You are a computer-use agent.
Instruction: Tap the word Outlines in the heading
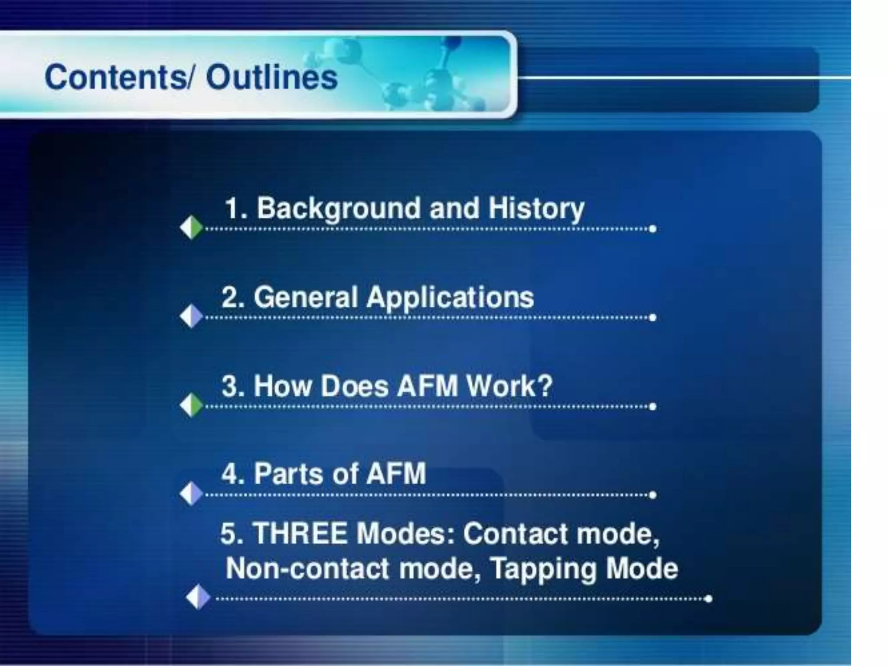[272, 78]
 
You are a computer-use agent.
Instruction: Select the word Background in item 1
[339, 209]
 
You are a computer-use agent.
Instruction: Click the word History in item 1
[536, 209]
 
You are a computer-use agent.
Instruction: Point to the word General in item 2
[306, 298]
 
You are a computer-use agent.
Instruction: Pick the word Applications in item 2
[450, 298]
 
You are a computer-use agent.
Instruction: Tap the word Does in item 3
[354, 386]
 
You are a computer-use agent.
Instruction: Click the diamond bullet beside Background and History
[191, 227]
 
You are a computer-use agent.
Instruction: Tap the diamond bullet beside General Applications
[191, 316]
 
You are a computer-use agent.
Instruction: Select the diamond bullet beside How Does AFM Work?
[191, 405]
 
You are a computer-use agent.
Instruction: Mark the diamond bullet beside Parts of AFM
[191, 493]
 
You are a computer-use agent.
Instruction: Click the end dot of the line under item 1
[653, 229]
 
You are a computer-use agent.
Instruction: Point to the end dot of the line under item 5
[708, 599]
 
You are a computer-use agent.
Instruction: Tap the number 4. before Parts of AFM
[233, 473]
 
